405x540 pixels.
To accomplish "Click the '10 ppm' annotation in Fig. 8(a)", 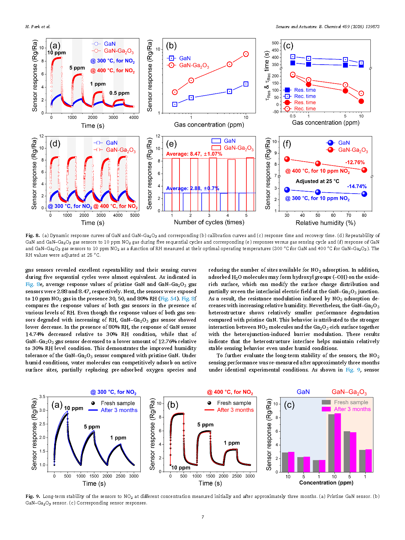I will (56, 53).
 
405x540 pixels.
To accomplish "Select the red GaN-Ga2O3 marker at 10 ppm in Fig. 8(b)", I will (246, 54).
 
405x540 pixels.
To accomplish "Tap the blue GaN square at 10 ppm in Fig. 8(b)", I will (246, 84).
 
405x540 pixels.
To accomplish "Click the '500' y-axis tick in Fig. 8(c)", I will (275, 43).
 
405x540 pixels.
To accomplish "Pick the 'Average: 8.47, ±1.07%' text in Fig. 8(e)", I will (194, 154).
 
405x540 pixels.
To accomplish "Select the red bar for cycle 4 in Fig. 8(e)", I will (231, 185).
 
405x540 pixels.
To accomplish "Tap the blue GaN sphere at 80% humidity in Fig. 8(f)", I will (364, 194).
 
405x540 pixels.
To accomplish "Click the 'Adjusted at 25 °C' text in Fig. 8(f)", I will (317, 181).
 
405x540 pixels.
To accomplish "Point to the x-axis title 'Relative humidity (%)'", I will (325, 223).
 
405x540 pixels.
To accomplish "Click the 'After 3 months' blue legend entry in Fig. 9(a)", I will (119, 410).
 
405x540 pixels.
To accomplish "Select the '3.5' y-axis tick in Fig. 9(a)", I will (42, 397).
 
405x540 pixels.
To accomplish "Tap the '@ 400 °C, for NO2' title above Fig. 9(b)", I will (230, 392).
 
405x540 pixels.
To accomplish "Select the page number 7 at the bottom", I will (203, 517).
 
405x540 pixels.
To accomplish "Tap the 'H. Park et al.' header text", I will (38, 27).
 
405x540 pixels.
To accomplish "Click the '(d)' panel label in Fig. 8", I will (55, 144).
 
